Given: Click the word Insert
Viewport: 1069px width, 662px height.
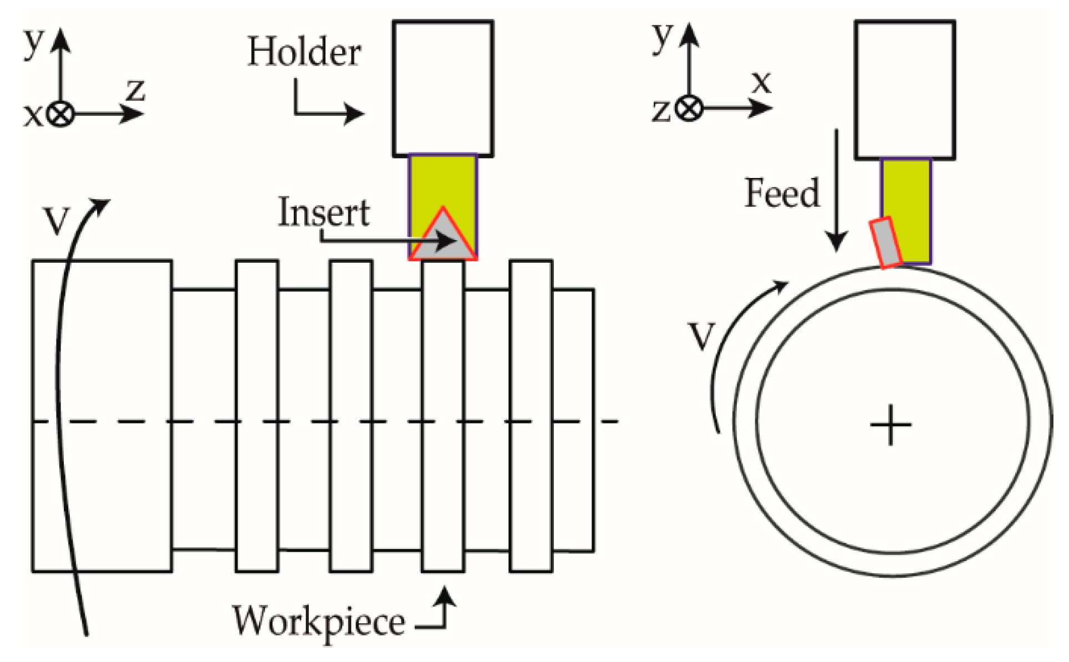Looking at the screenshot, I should coord(323,212).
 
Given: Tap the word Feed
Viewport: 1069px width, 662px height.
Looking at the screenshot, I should coord(781,193).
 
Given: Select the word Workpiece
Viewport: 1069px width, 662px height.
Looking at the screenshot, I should coord(318,621).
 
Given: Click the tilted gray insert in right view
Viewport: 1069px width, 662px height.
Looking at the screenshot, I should coord(885,243).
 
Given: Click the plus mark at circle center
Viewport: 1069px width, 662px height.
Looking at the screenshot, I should coord(890,425).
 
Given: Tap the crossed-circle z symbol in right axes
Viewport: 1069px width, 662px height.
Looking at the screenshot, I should coord(689,108).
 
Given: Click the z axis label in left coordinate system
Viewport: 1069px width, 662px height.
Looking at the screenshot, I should coord(135,90).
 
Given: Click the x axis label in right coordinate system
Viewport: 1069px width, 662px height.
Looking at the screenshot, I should coord(761,82).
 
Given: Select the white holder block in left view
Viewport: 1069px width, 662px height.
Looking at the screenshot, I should coord(443,89).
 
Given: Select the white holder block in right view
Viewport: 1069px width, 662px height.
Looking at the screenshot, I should coord(904,90).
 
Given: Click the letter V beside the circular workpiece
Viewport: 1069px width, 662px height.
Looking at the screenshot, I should coord(701,336).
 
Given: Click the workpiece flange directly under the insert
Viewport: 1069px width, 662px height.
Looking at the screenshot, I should coord(443,416).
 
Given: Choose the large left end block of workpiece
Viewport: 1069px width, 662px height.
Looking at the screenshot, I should coord(102,416).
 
